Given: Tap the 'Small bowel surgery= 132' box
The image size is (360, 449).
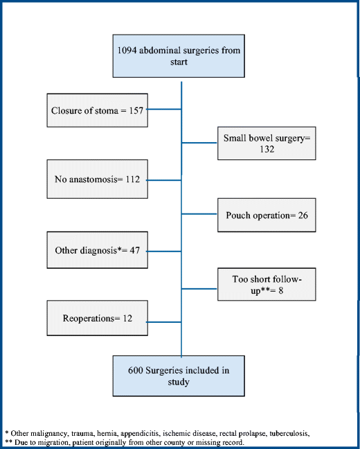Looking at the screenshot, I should pyautogui.click(x=267, y=143).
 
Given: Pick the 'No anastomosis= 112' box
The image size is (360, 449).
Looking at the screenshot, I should pyautogui.click(x=98, y=179).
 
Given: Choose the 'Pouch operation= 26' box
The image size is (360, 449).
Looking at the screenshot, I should pyautogui.click(x=267, y=216).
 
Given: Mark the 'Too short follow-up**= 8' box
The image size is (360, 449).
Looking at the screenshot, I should pyautogui.click(x=267, y=285).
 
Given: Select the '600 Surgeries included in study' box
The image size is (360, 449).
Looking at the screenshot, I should pyautogui.click(x=181, y=375).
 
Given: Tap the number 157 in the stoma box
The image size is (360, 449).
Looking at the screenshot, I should pyautogui.click(x=134, y=110).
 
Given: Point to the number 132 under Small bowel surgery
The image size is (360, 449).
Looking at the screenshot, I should pyautogui.click(x=267, y=150).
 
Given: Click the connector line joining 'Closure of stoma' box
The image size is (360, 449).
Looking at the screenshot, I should pyautogui.click(x=165, y=109).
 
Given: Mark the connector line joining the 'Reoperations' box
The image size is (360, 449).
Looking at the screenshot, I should pyautogui.click(x=165, y=318).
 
